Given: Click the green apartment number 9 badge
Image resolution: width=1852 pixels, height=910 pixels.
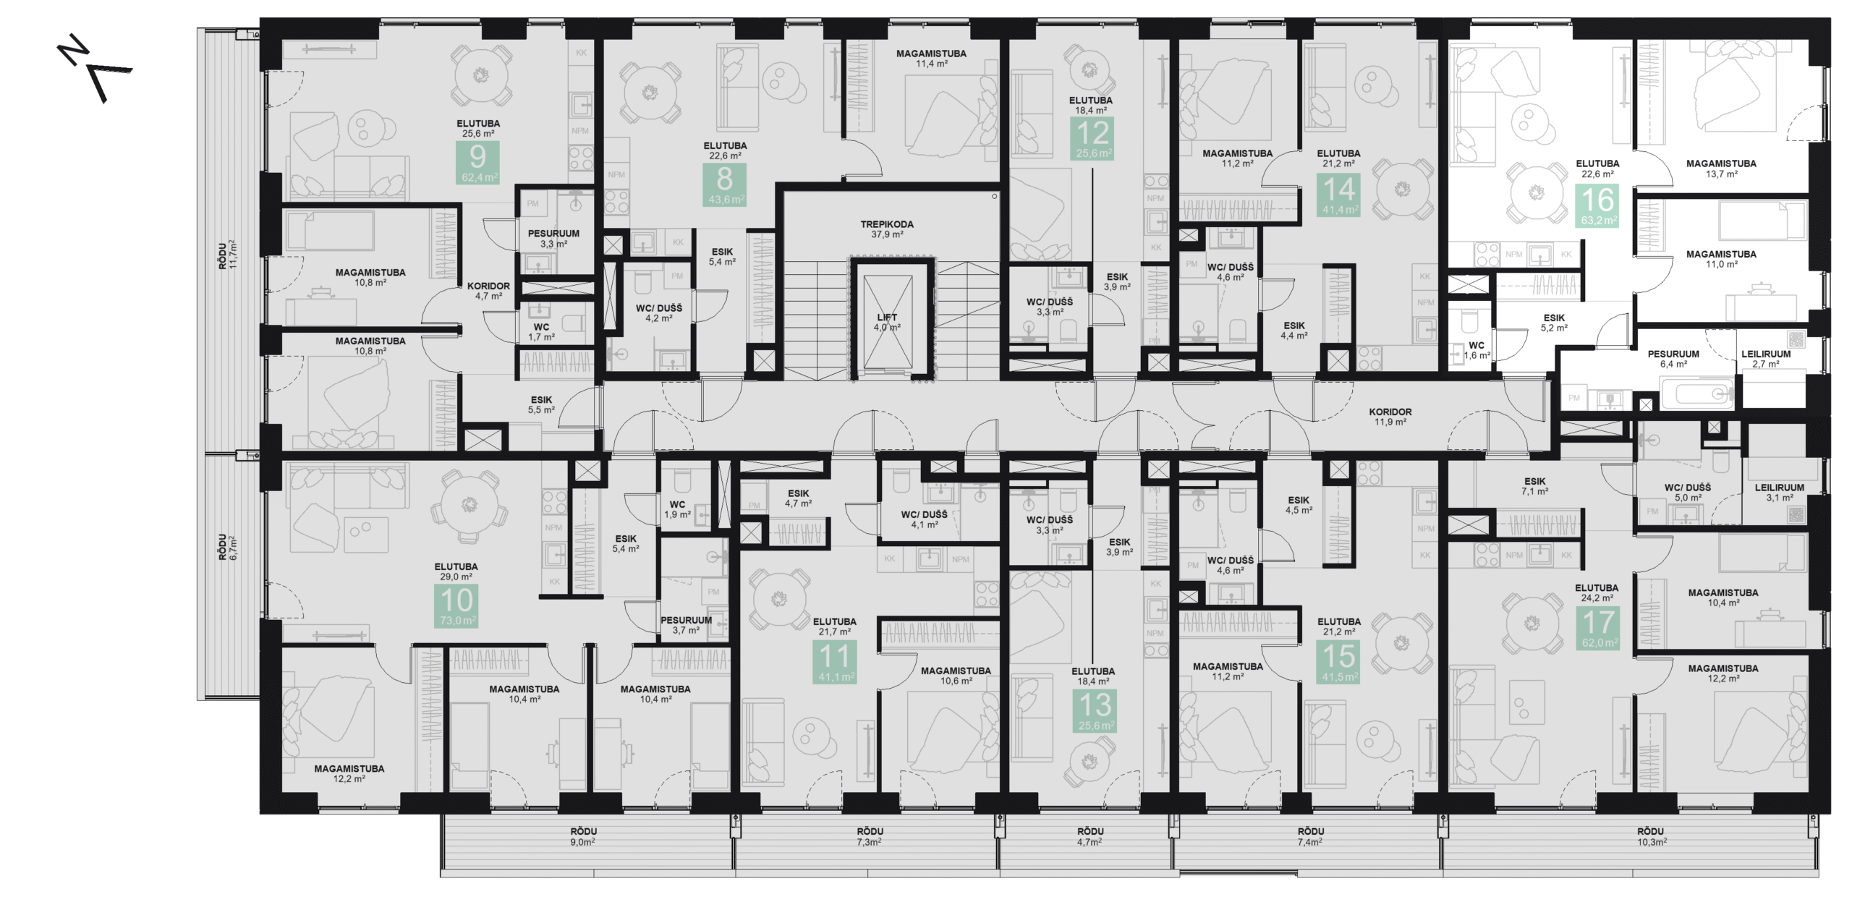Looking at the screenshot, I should point(477,163).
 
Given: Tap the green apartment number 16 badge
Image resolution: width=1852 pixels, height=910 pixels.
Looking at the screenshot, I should point(1598,205).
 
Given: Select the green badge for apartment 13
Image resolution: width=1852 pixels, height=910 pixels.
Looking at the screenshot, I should point(1095,710).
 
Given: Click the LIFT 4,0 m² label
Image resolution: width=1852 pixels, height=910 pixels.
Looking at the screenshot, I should point(886,322).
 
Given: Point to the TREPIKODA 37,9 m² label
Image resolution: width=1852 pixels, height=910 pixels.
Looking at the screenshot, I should point(887,229).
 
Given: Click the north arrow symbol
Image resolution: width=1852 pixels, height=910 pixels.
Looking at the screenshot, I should point(94,71).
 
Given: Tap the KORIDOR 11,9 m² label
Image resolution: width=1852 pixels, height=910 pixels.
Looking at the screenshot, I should point(1390,417).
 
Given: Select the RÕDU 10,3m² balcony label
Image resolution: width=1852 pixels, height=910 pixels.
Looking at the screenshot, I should point(1651,836).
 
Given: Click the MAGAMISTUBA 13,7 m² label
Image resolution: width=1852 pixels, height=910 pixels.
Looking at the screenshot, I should point(1721,169).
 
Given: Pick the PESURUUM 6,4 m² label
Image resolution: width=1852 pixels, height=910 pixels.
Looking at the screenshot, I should point(1673,359).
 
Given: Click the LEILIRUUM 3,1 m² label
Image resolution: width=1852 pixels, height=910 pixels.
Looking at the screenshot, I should point(1779,493).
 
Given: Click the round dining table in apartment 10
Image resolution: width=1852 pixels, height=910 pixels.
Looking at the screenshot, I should point(469,504).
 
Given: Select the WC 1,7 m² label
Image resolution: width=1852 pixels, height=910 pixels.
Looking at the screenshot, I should point(540,332).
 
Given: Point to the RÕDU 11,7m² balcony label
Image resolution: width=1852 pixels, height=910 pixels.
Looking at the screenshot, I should point(227,255).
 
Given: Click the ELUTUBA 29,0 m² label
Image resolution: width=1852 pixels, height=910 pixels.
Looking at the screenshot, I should point(456,571).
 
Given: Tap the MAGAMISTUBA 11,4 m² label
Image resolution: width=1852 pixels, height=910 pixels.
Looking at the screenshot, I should point(931,59).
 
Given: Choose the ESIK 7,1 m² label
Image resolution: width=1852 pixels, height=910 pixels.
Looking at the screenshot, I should point(1534,486).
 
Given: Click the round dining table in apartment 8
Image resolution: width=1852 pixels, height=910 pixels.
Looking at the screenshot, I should point(650,93).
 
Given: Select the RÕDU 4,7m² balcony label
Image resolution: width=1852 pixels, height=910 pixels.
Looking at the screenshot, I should point(1089,836).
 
